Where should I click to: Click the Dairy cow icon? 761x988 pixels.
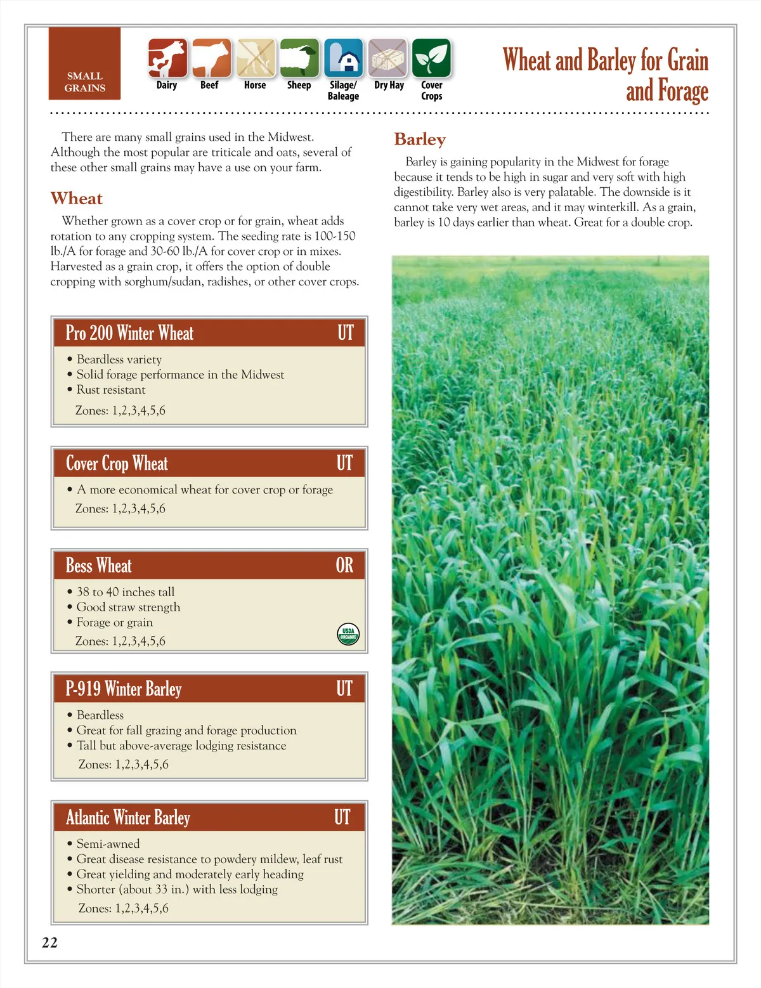pyautogui.click(x=167, y=58)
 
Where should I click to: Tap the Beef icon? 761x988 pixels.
pyautogui.click(x=211, y=58)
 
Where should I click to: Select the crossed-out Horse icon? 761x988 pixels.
pyautogui.click(x=256, y=58)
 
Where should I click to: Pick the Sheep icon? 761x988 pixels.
pyautogui.click(x=299, y=58)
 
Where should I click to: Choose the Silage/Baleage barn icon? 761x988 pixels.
pyautogui.click(x=344, y=58)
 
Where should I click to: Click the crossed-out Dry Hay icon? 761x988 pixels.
pyautogui.click(x=388, y=58)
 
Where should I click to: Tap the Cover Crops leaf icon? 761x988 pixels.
pyautogui.click(x=431, y=58)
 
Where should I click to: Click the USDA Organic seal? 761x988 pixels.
pyautogui.click(x=348, y=634)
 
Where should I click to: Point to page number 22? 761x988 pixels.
pyautogui.click(x=49, y=942)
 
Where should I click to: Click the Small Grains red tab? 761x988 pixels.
pyautogui.click(x=84, y=63)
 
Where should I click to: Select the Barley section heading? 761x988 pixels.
pyautogui.click(x=420, y=140)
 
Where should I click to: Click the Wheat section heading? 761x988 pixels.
pyautogui.click(x=77, y=198)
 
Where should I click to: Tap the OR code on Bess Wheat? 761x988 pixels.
pyautogui.click(x=344, y=565)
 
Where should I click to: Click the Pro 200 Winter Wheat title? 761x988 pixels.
pyautogui.click(x=130, y=333)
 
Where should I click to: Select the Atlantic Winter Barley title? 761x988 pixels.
pyautogui.click(x=128, y=817)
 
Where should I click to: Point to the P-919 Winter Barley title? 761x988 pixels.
pyautogui.click(x=124, y=689)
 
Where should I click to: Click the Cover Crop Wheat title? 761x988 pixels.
pyautogui.click(x=117, y=464)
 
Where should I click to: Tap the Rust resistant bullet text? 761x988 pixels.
pyautogui.click(x=111, y=390)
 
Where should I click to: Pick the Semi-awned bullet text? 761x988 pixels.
pyautogui.click(x=108, y=844)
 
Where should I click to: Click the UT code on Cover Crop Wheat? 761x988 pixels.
pyautogui.click(x=344, y=464)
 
